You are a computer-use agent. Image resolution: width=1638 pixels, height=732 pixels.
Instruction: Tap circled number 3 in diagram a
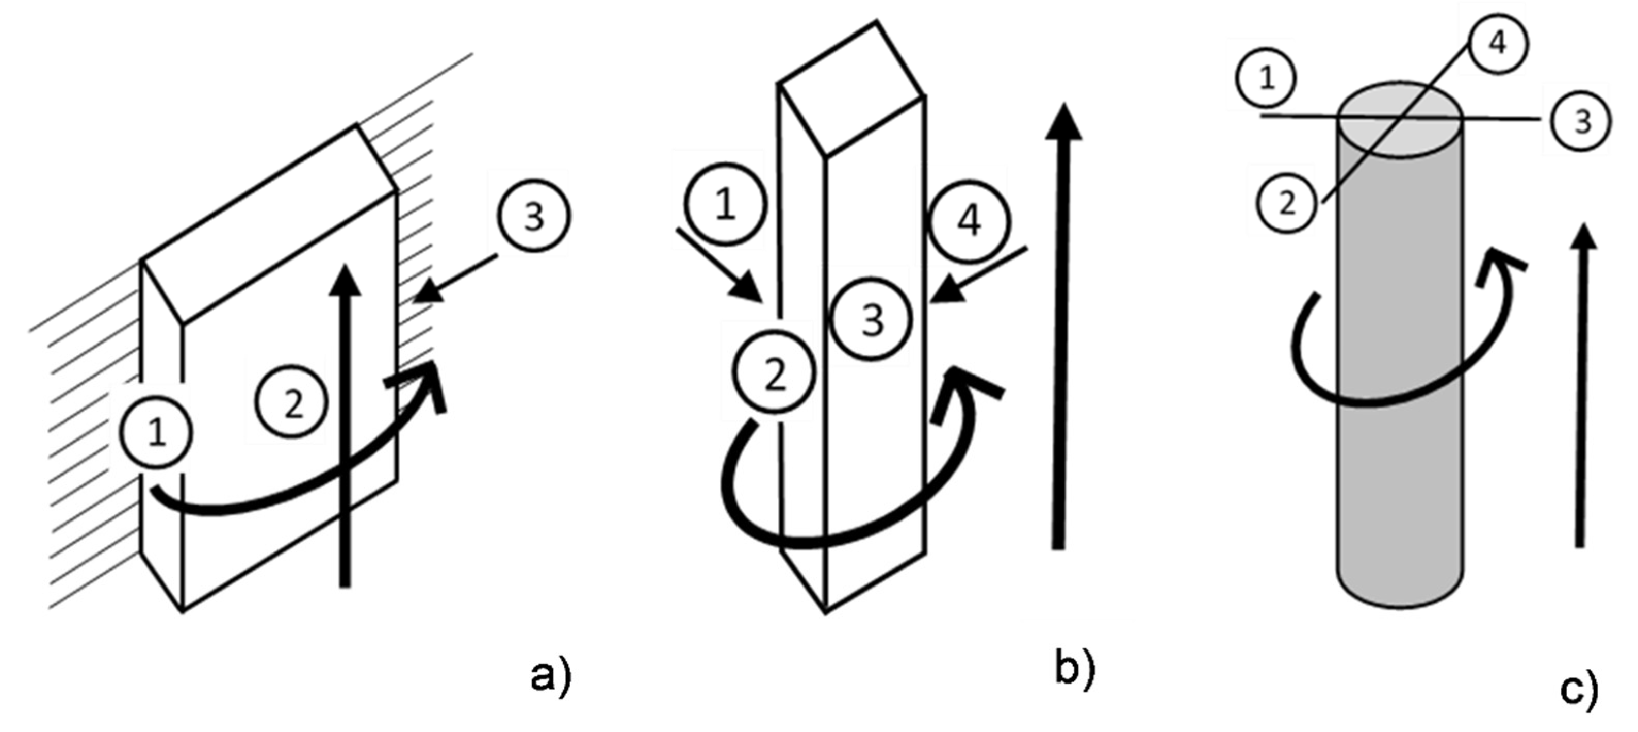click(534, 217)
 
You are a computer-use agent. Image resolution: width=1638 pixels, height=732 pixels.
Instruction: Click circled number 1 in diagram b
click(726, 205)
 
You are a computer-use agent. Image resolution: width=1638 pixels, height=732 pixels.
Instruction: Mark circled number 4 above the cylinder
click(1499, 44)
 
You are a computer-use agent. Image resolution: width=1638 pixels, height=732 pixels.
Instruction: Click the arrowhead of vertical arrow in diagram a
click(345, 280)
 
